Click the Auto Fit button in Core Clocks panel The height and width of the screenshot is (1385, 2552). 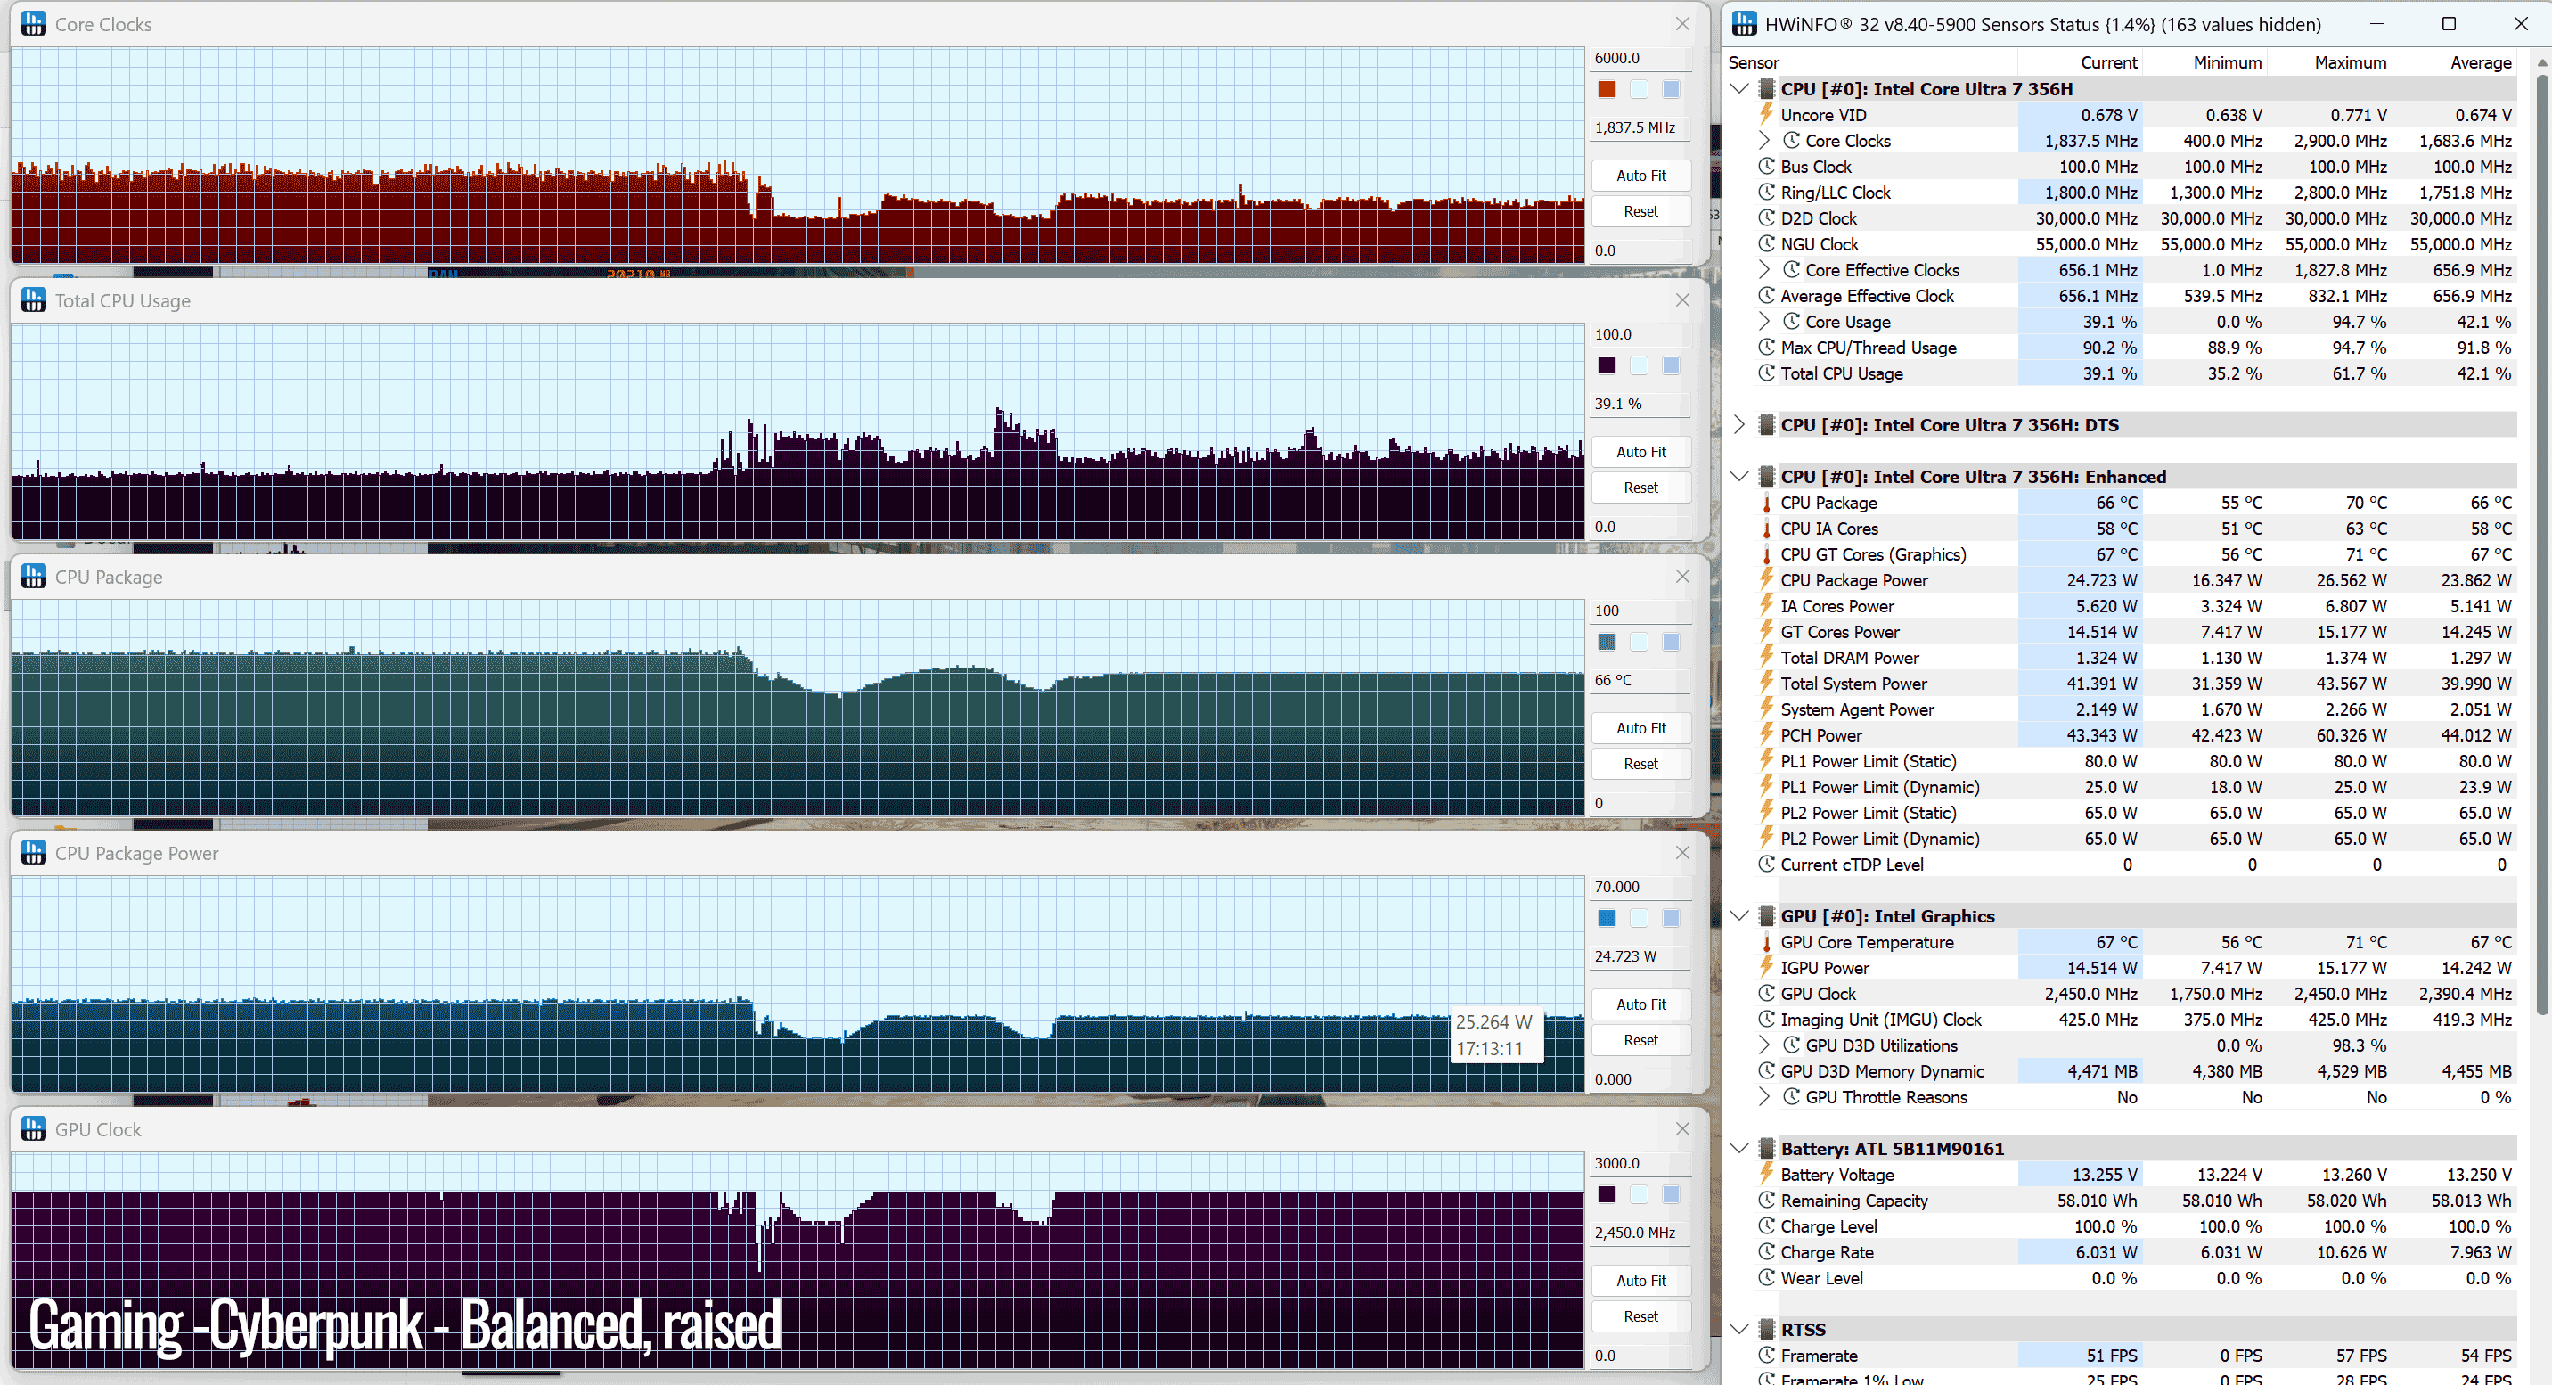point(1640,176)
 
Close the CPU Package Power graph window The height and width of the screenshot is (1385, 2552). point(1682,852)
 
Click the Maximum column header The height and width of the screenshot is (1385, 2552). point(2350,62)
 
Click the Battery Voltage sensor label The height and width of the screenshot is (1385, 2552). point(1836,1175)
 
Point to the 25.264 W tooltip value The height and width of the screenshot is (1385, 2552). point(1494,1021)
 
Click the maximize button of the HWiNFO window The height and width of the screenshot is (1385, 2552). point(2449,24)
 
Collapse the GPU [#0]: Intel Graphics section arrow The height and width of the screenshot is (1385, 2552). point(1739,916)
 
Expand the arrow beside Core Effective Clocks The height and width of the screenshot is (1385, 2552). point(1764,269)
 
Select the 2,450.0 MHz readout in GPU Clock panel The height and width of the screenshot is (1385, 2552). point(1634,1233)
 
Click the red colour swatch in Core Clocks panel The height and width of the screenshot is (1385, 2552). point(1607,89)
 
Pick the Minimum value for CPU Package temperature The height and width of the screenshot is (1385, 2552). point(2241,504)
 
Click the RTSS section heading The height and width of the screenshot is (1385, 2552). point(1803,1330)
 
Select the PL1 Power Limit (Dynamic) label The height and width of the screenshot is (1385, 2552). point(1879,787)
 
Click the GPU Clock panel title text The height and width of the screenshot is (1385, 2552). point(98,1129)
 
